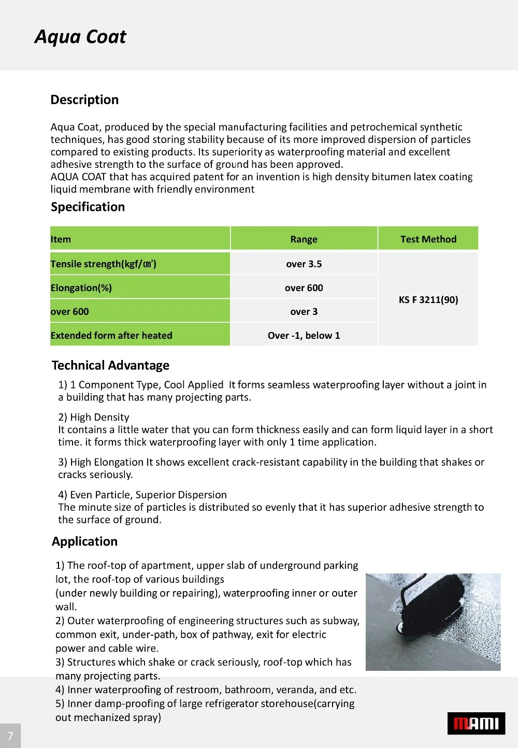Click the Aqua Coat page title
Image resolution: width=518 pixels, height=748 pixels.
pos(80,37)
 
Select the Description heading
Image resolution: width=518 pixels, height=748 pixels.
pos(84,100)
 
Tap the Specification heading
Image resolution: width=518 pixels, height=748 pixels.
pos(88,207)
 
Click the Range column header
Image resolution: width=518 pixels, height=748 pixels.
pos(304,239)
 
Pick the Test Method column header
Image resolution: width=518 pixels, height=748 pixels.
pos(428,239)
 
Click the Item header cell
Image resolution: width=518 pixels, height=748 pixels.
pos(61,239)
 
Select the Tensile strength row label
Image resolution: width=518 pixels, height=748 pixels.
pos(104,264)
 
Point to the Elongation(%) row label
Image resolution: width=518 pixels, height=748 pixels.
pos(81,288)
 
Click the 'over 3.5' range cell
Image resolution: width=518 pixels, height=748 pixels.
pos(304,264)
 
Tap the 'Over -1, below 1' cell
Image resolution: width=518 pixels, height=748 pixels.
pos(304,336)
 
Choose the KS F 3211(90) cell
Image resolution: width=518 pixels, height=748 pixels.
pos(428,300)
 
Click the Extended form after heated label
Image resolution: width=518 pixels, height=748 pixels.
pos(111,336)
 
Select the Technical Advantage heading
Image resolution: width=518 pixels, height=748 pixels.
pos(110,366)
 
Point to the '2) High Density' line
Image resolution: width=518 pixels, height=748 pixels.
pos(94,418)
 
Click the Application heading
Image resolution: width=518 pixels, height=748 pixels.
pos(84,542)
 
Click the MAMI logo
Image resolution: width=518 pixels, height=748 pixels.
pos(476,724)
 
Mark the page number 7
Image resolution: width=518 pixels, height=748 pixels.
pos(10,736)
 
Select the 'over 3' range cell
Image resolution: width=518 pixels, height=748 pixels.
pos(304,312)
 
